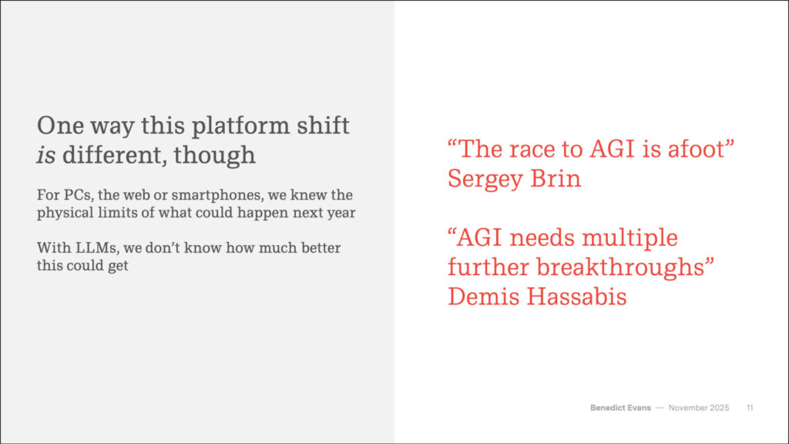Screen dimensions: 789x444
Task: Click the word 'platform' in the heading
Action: [x=240, y=126]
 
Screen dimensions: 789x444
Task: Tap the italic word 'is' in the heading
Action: [x=45, y=155]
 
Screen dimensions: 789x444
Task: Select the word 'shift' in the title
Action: [x=323, y=125]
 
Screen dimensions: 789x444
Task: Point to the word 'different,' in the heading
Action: [x=115, y=155]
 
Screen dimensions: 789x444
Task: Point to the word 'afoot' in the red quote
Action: [x=696, y=149]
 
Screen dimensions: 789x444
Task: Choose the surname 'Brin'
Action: [x=556, y=178]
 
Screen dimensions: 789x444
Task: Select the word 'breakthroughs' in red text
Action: [x=619, y=267]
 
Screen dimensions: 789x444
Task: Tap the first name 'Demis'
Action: [x=483, y=296]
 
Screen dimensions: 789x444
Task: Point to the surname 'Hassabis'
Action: [x=576, y=296]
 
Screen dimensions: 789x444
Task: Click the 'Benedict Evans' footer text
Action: [x=620, y=408]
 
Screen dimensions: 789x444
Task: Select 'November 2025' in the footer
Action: [x=698, y=408]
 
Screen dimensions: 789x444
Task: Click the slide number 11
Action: [x=750, y=408]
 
